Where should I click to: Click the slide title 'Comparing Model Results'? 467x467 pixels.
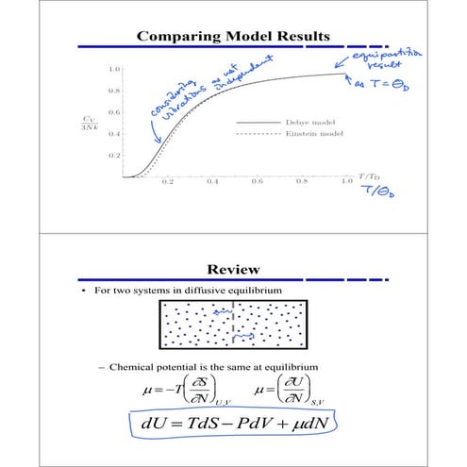(x=233, y=37)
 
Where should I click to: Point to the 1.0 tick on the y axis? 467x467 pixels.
(x=113, y=70)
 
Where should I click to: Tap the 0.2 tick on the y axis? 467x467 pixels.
(x=113, y=154)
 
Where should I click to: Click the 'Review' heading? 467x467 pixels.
(x=232, y=270)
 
